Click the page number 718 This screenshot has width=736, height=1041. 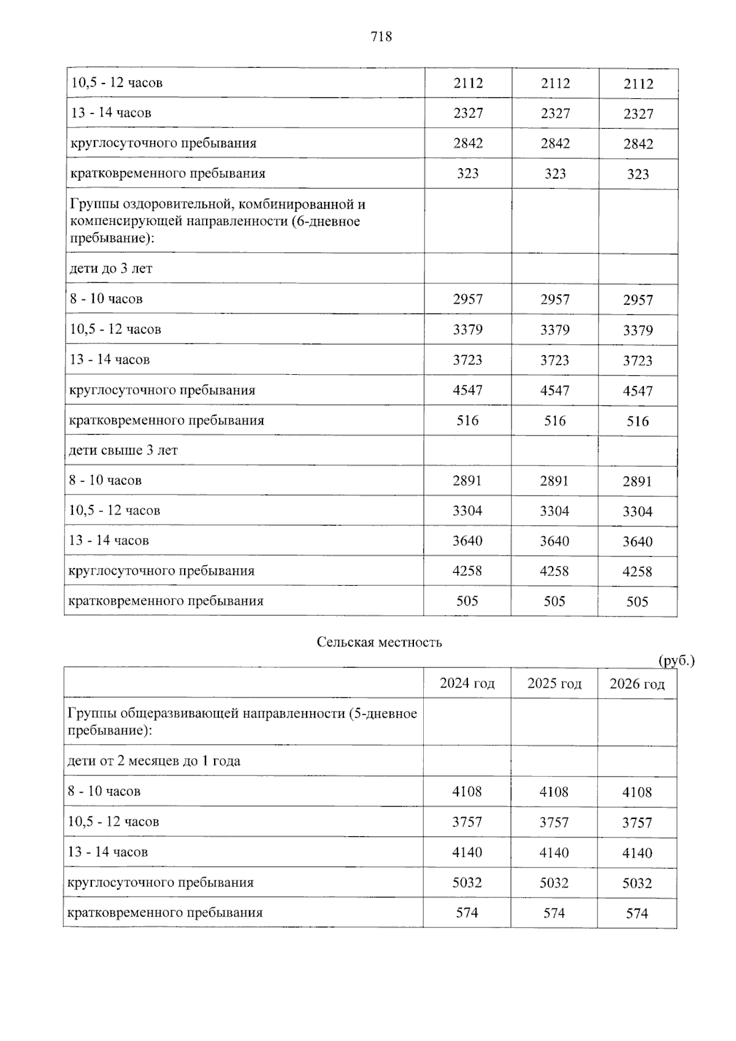(381, 37)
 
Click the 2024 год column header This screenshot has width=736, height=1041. (467, 683)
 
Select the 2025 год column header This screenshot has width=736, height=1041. (554, 683)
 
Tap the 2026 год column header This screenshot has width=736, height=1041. (637, 684)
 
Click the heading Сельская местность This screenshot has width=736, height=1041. (379, 642)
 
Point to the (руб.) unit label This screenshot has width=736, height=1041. (676, 661)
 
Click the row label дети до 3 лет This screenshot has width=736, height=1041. (111, 269)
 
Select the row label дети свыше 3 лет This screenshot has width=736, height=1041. (123, 450)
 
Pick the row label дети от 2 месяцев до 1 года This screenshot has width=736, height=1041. (153, 761)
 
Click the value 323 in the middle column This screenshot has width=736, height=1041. (555, 174)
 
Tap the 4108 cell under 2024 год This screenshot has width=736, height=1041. (467, 791)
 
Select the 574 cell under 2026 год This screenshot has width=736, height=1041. (637, 913)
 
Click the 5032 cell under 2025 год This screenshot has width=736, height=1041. (554, 883)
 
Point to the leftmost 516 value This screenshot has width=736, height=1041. (467, 421)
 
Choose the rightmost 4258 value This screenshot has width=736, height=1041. (637, 571)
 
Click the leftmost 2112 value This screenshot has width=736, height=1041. (468, 83)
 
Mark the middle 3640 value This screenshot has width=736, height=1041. (554, 541)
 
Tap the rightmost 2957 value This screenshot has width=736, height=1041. (638, 300)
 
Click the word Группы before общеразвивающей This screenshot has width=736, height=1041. (92, 713)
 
